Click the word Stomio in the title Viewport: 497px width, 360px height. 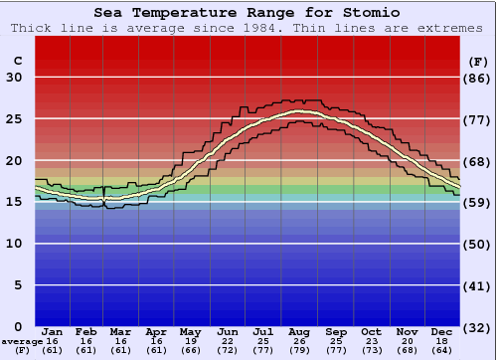369,13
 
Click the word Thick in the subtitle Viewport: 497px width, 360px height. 31,28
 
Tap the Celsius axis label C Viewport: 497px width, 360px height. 17,61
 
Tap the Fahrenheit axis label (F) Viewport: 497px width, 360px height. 477,61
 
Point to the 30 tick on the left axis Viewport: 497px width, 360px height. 15,78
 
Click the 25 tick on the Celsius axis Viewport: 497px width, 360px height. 15,119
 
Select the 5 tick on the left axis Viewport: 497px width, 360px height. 19,285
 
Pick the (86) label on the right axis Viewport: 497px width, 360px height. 477,78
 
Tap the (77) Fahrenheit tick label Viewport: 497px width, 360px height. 477,119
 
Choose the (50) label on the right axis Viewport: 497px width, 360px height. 477,244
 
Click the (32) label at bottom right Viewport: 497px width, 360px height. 477,326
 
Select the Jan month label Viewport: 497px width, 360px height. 53,331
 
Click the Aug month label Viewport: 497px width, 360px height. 300,331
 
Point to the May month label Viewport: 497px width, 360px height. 189,331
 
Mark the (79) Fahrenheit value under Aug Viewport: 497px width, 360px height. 300,350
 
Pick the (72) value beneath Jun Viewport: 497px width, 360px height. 228,350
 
